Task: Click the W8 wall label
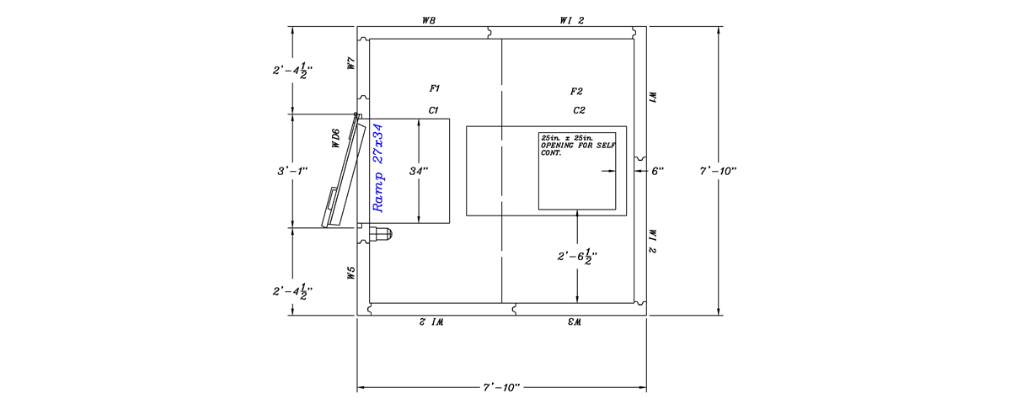coord(428,19)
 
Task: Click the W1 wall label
coord(651,98)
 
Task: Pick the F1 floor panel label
coord(435,88)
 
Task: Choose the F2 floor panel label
coord(577,91)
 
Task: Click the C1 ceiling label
coord(434,109)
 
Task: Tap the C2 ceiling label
coord(579,109)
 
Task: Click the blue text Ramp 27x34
coord(378,168)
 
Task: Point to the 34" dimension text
coord(419,171)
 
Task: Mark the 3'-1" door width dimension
coord(292,171)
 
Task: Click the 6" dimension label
coord(658,171)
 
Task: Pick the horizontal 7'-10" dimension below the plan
coord(502,387)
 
